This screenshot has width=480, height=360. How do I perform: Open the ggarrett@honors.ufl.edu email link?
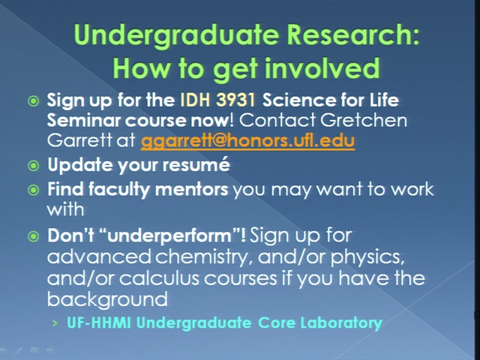click(x=247, y=141)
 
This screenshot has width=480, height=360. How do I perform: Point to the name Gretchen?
click(x=364, y=120)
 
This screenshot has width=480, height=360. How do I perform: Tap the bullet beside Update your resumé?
click(x=33, y=166)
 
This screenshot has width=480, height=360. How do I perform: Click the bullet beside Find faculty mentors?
click(x=33, y=190)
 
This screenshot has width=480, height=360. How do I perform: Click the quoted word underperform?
click(x=169, y=236)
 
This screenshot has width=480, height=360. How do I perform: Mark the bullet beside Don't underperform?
click(x=33, y=236)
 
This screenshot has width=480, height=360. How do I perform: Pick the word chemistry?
click(x=204, y=257)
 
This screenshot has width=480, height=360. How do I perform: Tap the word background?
click(x=107, y=299)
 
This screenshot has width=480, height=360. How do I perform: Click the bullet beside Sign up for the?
click(x=33, y=101)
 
